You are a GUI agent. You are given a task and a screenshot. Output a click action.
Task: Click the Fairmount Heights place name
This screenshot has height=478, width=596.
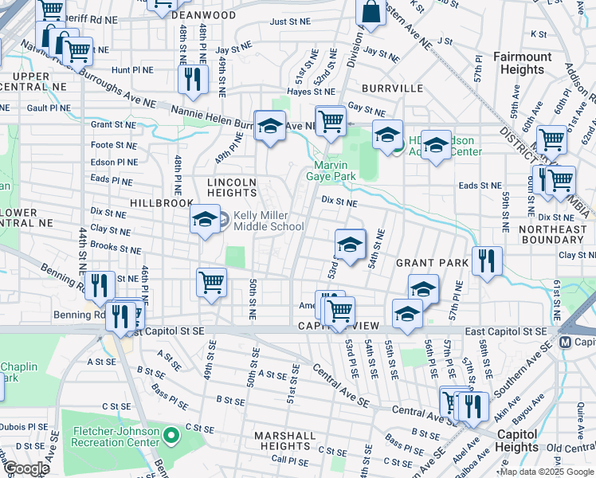(522, 63)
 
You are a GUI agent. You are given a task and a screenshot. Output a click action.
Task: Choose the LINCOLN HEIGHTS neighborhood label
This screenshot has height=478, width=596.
(232, 187)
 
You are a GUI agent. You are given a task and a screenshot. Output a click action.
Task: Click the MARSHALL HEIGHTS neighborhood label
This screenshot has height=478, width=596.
(285, 441)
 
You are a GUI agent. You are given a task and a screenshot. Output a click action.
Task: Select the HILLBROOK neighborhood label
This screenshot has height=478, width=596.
(163, 203)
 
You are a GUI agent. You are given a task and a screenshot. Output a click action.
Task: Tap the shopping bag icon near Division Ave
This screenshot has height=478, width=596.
(371, 12)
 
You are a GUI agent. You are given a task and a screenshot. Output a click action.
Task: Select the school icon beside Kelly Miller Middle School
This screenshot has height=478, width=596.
(205, 219)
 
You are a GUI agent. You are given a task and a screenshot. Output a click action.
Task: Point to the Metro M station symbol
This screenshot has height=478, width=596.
(566, 342)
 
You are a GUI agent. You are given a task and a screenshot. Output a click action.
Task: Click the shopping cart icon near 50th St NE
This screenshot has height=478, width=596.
(212, 281)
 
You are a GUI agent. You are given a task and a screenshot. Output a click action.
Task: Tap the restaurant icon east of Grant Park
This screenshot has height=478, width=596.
(486, 261)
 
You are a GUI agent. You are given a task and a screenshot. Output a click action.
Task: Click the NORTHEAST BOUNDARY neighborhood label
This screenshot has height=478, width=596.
(551, 235)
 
